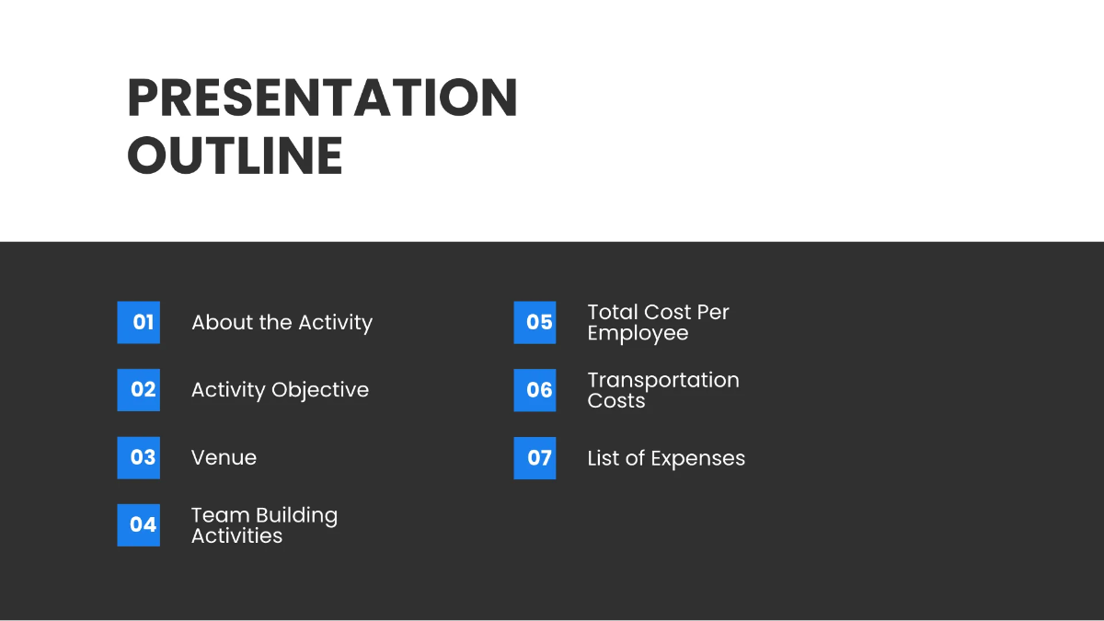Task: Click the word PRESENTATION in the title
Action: [x=322, y=98]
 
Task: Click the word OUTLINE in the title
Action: [x=235, y=155]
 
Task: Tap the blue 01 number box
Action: [x=138, y=322]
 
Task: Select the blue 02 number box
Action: [x=138, y=389]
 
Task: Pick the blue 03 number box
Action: [x=138, y=457]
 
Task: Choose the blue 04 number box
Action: [x=138, y=524]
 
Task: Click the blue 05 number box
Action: [x=535, y=322]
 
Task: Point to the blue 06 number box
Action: [x=535, y=389]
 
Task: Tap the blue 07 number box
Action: [x=535, y=457]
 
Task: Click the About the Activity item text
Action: [x=282, y=323]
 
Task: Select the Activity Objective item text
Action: [x=280, y=390]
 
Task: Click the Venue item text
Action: [x=224, y=458]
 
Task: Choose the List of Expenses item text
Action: [x=666, y=458]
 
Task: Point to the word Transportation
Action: [x=663, y=380]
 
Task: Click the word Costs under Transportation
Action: [x=615, y=401]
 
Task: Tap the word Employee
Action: [x=638, y=334]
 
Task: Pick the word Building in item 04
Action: [x=296, y=515]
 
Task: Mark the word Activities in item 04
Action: [x=236, y=535]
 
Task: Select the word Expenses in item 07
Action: [x=699, y=458]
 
